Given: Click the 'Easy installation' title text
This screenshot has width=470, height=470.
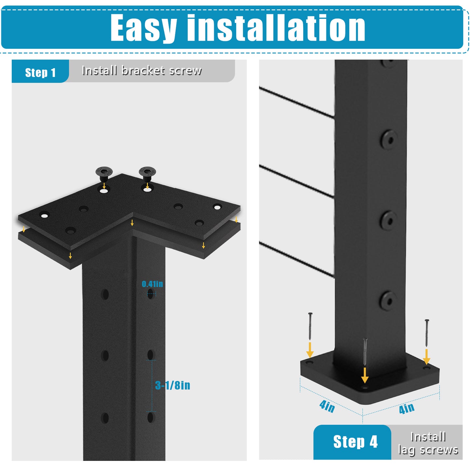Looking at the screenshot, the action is [x=237, y=28].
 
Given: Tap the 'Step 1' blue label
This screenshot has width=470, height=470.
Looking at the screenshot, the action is [x=40, y=73].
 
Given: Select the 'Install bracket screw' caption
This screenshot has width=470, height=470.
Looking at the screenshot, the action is [x=141, y=71].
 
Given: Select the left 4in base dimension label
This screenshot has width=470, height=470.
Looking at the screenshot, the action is [x=327, y=406].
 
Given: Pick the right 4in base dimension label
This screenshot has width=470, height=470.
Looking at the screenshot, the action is [x=407, y=408].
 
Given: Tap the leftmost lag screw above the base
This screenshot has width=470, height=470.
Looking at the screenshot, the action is [x=310, y=326].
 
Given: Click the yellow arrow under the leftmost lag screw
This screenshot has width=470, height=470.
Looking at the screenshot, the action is [x=310, y=350].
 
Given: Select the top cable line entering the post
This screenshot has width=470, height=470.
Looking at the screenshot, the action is [x=297, y=102].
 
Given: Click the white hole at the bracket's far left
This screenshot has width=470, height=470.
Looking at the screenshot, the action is [x=44, y=216].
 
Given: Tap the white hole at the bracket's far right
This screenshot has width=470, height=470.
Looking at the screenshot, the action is [x=217, y=207].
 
